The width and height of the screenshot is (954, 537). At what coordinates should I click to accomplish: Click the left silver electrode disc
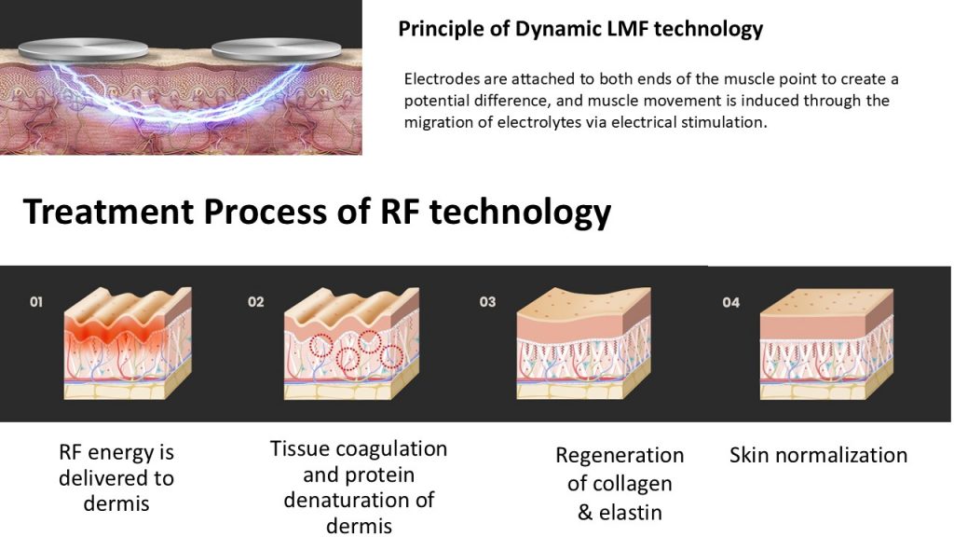click(83, 48)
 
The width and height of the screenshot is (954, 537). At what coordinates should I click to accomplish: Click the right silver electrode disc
click(276, 48)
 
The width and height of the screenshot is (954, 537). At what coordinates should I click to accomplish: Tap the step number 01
click(36, 301)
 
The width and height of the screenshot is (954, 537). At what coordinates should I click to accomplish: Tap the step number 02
click(255, 301)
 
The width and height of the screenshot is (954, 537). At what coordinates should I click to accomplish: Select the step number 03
click(487, 301)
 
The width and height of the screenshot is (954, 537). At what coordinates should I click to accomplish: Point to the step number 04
click(731, 302)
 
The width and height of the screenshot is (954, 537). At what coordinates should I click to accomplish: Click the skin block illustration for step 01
click(128, 343)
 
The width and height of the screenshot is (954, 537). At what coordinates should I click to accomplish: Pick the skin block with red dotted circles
click(351, 343)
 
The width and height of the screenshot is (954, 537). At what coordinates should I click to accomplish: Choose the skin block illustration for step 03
click(583, 343)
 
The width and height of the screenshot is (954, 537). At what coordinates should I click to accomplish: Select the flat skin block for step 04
click(827, 344)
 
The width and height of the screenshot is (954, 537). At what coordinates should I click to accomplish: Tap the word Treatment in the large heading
click(107, 212)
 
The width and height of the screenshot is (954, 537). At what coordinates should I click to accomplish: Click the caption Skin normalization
click(818, 455)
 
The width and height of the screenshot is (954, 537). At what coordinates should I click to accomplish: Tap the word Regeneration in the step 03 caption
click(620, 455)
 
